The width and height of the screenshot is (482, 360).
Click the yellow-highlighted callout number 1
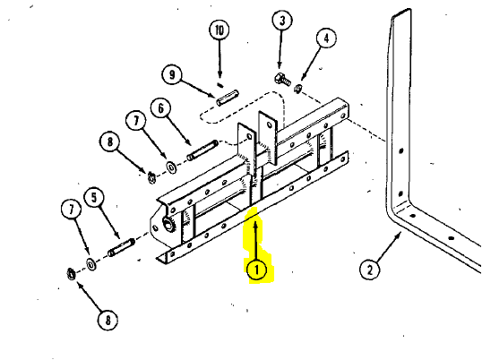click(256, 270)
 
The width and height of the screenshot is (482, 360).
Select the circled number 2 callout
click(369, 270)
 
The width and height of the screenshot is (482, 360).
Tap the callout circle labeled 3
click(282, 21)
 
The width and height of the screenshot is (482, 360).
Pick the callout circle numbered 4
click(326, 39)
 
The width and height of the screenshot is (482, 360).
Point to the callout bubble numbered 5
click(94, 198)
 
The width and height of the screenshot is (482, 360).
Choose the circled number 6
click(160, 108)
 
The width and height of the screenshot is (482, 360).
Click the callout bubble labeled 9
click(172, 74)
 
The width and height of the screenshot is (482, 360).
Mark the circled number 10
click(219, 30)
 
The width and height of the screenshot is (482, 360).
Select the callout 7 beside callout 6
click(136, 121)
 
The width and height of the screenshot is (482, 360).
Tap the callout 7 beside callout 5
click(72, 210)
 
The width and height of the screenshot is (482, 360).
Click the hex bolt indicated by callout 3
click(282, 79)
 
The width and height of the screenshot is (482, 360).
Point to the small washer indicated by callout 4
click(297, 89)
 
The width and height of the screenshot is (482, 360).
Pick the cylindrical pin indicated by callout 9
click(227, 97)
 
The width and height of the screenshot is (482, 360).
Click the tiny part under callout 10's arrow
click(219, 84)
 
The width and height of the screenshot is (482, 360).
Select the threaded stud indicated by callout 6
click(202, 150)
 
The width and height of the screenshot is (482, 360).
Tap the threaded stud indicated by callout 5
click(121, 247)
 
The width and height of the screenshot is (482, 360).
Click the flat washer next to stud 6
click(171, 167)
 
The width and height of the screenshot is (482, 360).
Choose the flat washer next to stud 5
click(91, 264)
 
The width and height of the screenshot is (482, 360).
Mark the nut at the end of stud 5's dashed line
click(72, 273)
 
